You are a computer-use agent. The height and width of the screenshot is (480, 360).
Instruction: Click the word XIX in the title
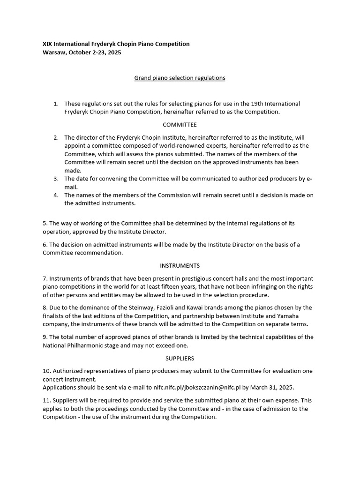[48, 44]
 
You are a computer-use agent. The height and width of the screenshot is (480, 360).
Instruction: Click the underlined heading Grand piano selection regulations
[180, 77]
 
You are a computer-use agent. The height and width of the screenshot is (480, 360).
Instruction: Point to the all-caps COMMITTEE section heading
[180, 125]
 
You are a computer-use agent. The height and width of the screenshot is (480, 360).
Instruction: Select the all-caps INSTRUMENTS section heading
[180, 265]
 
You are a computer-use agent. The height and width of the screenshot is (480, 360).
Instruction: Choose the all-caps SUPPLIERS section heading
[180, 358]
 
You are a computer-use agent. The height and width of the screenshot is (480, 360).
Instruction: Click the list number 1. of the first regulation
[56, 104]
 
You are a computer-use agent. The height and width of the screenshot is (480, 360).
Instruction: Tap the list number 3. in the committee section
[56, 179]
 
